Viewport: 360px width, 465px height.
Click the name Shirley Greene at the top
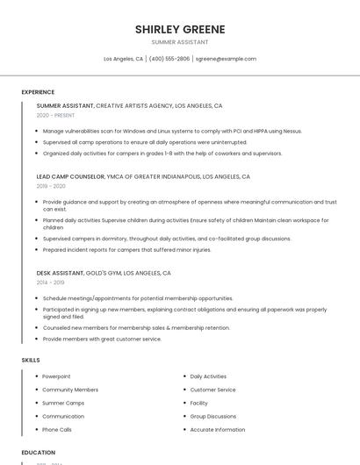click(x=180, y=29)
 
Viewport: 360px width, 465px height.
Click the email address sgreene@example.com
click(x=226, y=59)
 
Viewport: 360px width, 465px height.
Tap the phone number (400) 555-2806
click(x=169, y=59)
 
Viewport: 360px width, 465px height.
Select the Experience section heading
click(x=38, y=92)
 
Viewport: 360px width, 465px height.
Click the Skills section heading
click(x=31, y=360)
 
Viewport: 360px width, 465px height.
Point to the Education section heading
click(x=39, y=453)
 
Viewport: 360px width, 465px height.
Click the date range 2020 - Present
click(x=55, y=115)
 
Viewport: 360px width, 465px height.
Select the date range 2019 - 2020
click(x=51, y=186)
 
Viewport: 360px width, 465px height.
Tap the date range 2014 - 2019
click(x=50, y=283)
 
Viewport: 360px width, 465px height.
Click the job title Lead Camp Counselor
click(x=70, y=176)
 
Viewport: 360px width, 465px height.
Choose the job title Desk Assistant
click(x=60, y=273)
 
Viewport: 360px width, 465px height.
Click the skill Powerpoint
click(x=56, y=376)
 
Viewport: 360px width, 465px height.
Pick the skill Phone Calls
click(x=57, y=430)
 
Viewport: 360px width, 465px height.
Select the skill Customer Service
click(x=212, y=390)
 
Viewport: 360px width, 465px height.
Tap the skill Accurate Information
click(x=218, y=430)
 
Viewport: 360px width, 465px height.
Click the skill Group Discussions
click(x=213, y=417)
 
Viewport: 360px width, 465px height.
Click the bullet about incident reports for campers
click(x=126, y=249)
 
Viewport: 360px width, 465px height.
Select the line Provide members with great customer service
click(x=102, y=339)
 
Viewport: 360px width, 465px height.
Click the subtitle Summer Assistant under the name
click(x=180, y=42)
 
